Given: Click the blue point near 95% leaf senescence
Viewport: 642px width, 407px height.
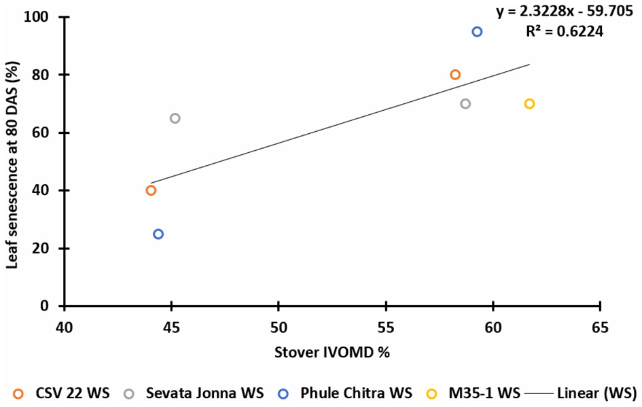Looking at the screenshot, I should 477,32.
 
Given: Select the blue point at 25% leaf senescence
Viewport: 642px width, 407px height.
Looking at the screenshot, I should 158,234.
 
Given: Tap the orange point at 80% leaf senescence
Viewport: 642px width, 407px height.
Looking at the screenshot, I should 455,75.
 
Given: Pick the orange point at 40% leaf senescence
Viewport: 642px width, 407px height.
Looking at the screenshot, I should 151,190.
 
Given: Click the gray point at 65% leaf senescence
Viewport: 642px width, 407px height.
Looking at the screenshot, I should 175,118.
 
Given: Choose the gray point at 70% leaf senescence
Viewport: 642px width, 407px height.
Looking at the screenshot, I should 465,104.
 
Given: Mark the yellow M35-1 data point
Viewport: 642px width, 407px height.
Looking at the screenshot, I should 529,104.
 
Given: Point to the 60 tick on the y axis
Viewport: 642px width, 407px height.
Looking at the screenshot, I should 49,132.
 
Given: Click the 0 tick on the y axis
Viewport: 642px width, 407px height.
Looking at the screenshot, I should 52,306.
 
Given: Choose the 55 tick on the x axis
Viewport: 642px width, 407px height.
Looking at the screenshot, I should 386,328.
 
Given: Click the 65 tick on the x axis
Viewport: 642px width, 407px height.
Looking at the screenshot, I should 600,328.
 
